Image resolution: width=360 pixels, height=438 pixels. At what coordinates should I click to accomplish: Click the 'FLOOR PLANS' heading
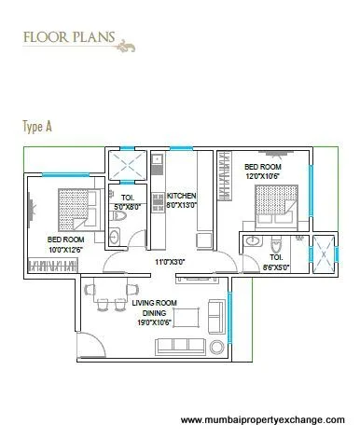coord(63,39)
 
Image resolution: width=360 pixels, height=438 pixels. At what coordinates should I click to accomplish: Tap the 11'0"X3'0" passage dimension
coord(169,262)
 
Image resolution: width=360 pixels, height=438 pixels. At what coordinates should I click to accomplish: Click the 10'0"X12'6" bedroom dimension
coord(64,248)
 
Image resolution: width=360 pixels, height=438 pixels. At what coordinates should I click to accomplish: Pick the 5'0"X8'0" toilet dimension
coord(127,207)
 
